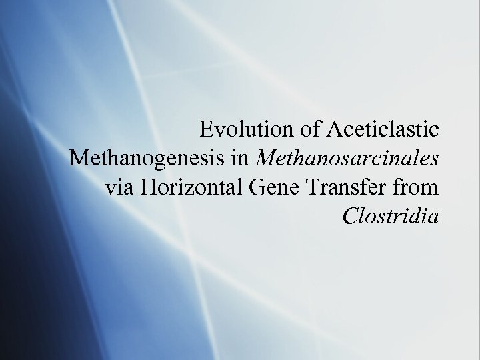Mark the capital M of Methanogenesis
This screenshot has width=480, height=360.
(x=78, y=159)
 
